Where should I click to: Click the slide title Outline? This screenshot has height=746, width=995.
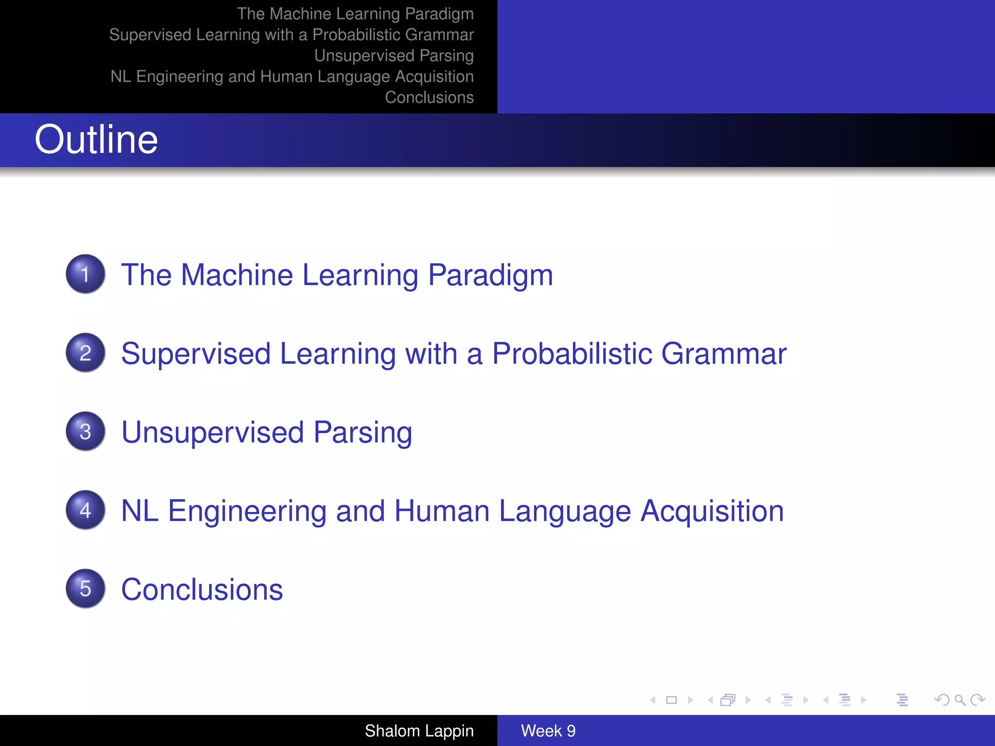pyautogui.click(x=96, y=139)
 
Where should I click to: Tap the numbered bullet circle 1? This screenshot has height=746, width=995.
pyautogui.click(x=86, y=274)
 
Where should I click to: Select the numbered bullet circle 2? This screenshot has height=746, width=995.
pyautogui.click(x=86, y=353)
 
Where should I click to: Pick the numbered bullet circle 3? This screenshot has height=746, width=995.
pyautogui.click(x=86, y=431)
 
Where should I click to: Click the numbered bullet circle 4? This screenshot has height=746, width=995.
pyautogui.click(x=86, y=510)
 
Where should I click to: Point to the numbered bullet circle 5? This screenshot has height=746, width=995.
pyautogui.click(x=86, y=589)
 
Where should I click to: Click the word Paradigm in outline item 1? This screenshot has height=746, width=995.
pyautogui.click(x=490, y=275)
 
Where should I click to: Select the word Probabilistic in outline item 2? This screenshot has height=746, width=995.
pyautogui.click(x=572, y=354)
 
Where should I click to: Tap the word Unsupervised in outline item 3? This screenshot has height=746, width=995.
pyautogui.click(x=212, y=432)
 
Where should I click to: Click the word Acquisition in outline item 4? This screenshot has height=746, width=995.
pyautogui.click(x=712, y=511)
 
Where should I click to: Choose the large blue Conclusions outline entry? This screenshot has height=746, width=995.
pyautogui.click(x=202, y=590)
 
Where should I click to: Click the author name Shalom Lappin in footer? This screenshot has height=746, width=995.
pyautogui.click(x=419, y=730)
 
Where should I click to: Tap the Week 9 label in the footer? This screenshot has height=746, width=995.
pyautogui.click(x=548, y=730)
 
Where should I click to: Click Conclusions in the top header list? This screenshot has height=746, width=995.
pyautogui.click(x=429, y=97)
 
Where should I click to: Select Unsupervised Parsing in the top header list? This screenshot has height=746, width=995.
pyautogui.click(x=394, y=55)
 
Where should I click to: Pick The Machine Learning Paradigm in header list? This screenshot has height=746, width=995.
pyautogui.click(x=355, y=14)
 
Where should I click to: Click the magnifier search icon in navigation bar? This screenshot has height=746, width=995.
pyautogui.click(x=960, y=700)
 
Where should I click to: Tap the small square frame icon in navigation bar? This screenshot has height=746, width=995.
pyautogui.click(x=671, y=700)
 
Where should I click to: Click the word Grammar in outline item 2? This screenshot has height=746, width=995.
pyautogui.click(x=723, y=354)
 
